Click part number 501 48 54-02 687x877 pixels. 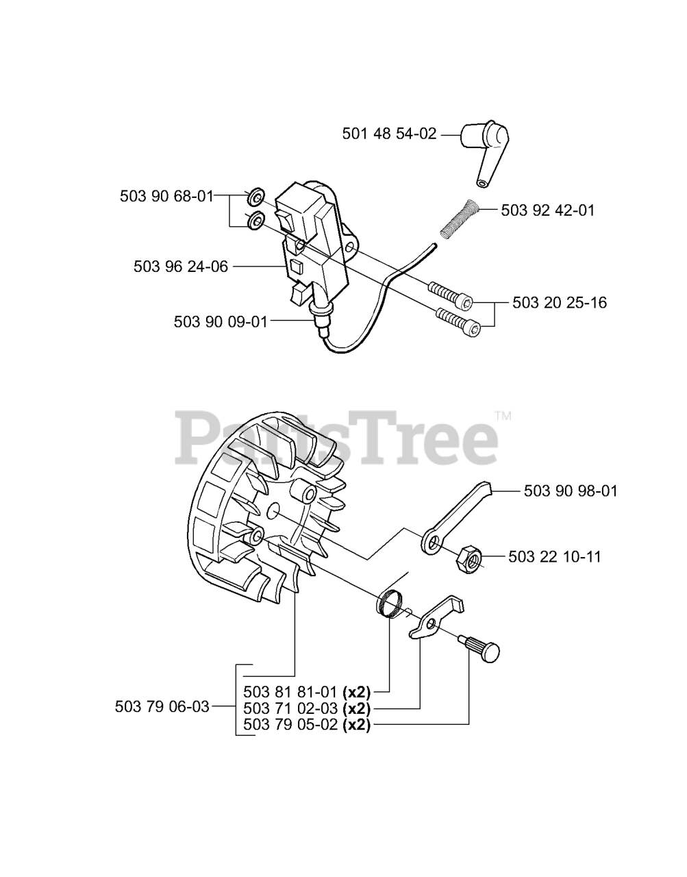[x=389, y=134]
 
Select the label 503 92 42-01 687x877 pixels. [x=548, y=210]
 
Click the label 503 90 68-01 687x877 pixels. [x=166, y=196]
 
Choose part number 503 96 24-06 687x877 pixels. [x=181, y=267]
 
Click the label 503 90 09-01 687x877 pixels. [x=221, y=321]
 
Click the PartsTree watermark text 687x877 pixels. [x=338, y=436]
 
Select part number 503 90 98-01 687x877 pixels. [x=571, y=491]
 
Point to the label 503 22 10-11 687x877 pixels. [x=555, y=556]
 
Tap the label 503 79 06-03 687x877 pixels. [x=162, y=706]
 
